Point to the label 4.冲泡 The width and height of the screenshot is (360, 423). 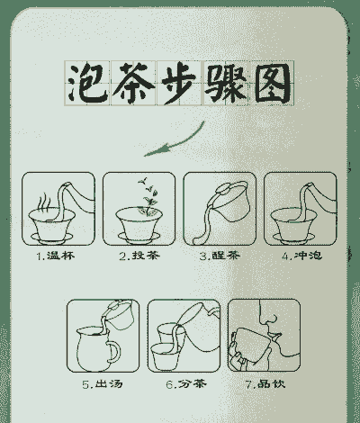pyautogui.click(x=301, y=256)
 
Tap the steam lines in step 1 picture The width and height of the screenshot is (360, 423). pyautogui.click(x=40, y=196)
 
